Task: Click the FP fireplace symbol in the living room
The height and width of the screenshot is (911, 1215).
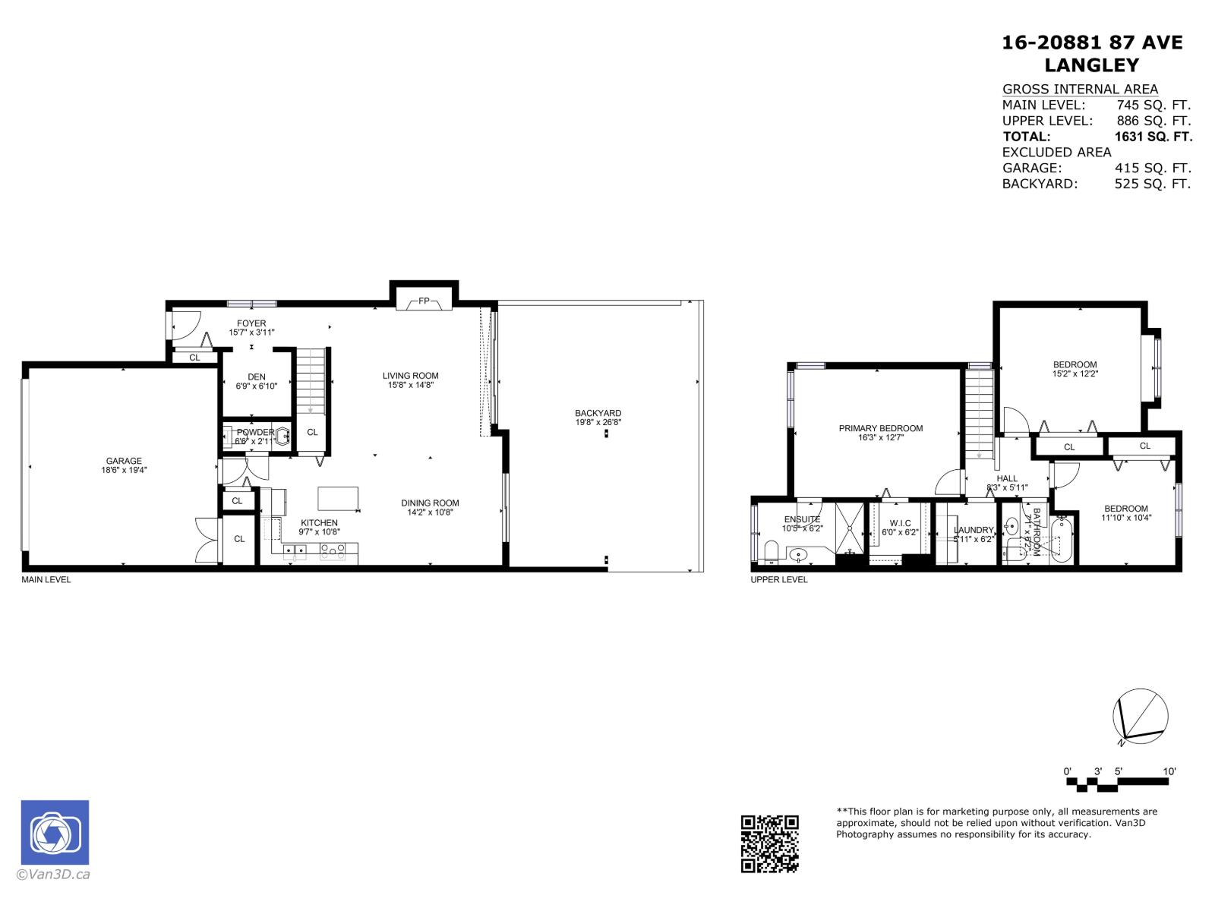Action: coord(424,301)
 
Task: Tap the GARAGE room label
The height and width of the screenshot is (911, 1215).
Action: coord(124,461)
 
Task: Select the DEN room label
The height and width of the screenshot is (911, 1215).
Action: coord(257,377)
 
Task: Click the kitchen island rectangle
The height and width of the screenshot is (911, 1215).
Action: coord(338,499)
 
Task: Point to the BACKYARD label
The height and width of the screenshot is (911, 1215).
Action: coord(598,413)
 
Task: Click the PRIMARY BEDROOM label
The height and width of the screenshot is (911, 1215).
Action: coord(881,428)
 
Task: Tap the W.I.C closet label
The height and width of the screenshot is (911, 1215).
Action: coord(900,523)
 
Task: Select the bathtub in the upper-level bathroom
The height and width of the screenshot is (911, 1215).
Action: coord(1062,540)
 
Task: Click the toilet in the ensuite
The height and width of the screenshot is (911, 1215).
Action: coord(771,552)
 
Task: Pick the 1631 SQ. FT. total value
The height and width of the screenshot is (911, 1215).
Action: coord(1153,137)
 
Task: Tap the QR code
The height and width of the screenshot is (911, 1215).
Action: coord(770,843)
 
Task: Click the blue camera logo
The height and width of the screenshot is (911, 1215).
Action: coord(55,833)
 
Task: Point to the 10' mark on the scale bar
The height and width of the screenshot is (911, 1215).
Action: coord(1169,771)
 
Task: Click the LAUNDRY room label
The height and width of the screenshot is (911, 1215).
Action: coord(974,530)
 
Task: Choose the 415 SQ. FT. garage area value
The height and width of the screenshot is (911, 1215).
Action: coord(1153,168)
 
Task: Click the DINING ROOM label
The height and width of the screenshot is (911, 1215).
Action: coord(430,503)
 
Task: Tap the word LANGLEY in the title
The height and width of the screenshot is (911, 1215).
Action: coord(1092,65)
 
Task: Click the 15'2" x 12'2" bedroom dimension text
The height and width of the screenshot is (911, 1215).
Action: coord(1075,374)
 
